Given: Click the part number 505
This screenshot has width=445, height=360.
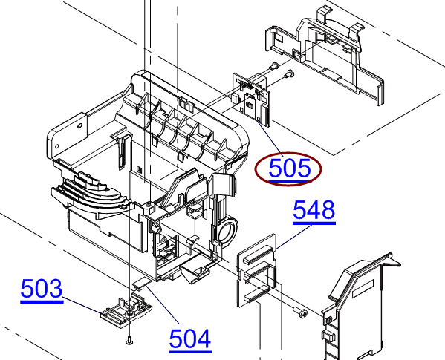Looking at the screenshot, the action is [290, 168].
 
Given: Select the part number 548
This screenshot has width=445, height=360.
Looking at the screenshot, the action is [314, 210].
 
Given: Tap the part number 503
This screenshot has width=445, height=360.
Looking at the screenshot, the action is [42, 289].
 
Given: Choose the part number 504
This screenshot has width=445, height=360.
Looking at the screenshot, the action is [190, 338].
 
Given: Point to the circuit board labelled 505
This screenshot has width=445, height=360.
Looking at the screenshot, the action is [251, 99].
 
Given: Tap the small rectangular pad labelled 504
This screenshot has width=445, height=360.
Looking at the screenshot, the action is [142, 284].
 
